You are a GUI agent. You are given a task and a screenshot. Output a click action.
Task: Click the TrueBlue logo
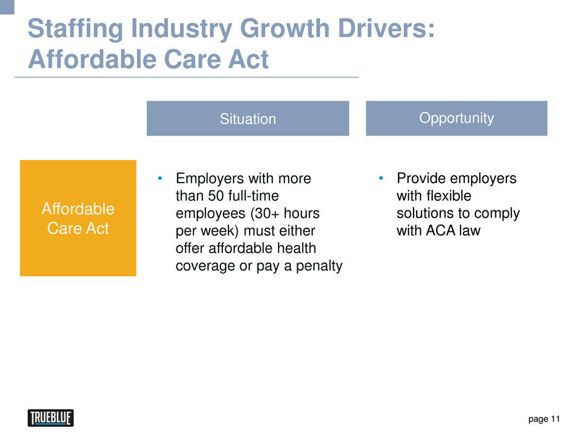click(51, 418)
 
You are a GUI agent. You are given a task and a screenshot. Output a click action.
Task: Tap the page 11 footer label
click(544, 419)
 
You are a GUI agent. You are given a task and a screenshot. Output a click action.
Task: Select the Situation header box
click(248, 118)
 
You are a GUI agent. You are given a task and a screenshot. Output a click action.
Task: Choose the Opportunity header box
click(456, 118)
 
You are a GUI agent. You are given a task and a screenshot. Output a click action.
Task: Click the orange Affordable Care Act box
click(78, 218)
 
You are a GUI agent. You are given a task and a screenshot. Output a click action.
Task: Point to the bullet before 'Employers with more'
click(160, 178)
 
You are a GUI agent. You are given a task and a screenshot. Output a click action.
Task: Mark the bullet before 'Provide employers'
click(381, 178)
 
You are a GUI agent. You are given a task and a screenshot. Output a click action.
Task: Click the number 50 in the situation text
click(215, 196)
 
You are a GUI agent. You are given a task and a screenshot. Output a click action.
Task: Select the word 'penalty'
click(319, 266)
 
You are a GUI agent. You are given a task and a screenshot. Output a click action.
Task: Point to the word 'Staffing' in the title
click(76, 29)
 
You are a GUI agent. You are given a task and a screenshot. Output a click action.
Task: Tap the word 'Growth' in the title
click(285, 28)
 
